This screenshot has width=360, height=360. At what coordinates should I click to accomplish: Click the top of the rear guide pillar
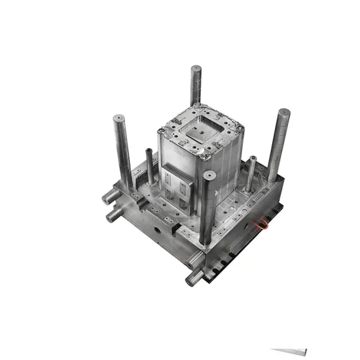196,68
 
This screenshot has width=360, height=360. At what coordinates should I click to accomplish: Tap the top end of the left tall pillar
118,117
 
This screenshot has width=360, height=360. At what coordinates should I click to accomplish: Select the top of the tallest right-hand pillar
284,112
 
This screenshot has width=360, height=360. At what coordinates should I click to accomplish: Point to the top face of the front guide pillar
209,175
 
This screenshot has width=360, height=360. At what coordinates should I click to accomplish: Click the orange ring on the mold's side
262,223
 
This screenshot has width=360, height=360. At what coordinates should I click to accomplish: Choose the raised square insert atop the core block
198,133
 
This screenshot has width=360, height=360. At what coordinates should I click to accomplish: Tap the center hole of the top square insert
200,133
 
